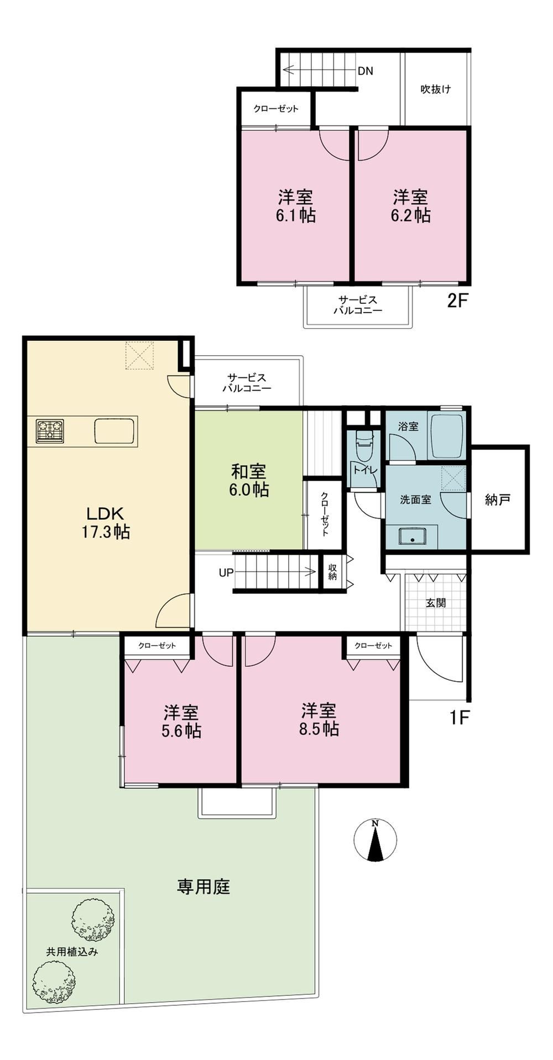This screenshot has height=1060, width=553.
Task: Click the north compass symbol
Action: (x=375, y=840)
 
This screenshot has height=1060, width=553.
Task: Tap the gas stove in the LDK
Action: (x=50, y=431)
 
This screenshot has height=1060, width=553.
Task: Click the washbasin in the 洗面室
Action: (x=411, y=536)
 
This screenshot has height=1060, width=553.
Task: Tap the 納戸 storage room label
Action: (x=497, y=500)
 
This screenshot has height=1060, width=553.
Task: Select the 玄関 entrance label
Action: (x=436, y=603)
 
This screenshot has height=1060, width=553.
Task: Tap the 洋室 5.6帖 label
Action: (x=181, y=721)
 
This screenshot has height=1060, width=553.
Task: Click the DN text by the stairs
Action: (x=365, y=71)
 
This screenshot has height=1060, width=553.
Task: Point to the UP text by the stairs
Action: (x=226, y=573)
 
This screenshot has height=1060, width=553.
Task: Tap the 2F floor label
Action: (x=458, y=301)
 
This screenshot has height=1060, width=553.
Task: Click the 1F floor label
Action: (x=459, y=718)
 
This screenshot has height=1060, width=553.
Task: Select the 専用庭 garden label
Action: (x=203, y=887)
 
